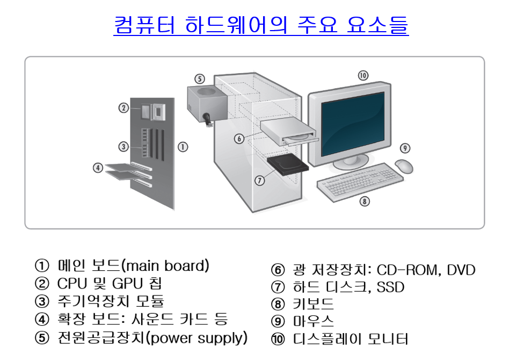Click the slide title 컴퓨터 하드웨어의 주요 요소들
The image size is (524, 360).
(x=261, y=25)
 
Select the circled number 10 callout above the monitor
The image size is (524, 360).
(x=363, y=75)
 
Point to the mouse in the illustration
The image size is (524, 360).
(x=404, y=165)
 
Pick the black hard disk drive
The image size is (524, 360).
(x=288, y=164)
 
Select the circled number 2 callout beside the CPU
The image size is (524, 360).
(x=123, y=107)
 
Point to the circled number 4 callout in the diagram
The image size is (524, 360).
(x=98, y=168)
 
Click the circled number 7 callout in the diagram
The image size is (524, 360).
(x=260, y=181)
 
